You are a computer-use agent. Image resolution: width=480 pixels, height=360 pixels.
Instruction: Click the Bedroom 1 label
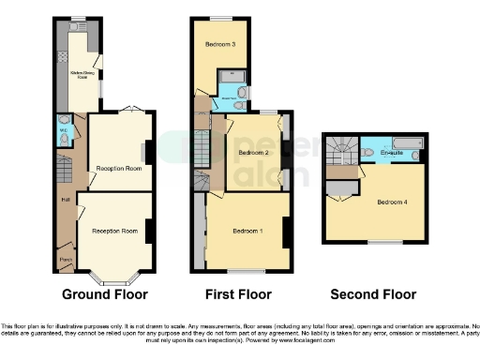tap(248, 232)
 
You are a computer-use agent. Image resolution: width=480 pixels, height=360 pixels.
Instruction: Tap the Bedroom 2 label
tap(253, 152)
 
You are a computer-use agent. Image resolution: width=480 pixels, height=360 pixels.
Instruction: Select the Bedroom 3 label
tap(220, 44)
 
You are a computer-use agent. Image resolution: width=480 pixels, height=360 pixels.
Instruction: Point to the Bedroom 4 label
tap(392, 202)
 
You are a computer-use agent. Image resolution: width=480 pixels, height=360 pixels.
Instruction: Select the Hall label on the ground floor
tap(66, 199)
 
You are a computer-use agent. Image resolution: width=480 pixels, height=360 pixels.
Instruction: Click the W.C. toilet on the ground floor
tap(64, 138)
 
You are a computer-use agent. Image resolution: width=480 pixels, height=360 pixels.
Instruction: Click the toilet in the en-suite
tap(367, 152)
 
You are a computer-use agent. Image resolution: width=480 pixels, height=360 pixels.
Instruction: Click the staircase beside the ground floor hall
tap(64, 171)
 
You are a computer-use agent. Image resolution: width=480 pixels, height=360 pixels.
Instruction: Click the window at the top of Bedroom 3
tap(222, 18)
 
